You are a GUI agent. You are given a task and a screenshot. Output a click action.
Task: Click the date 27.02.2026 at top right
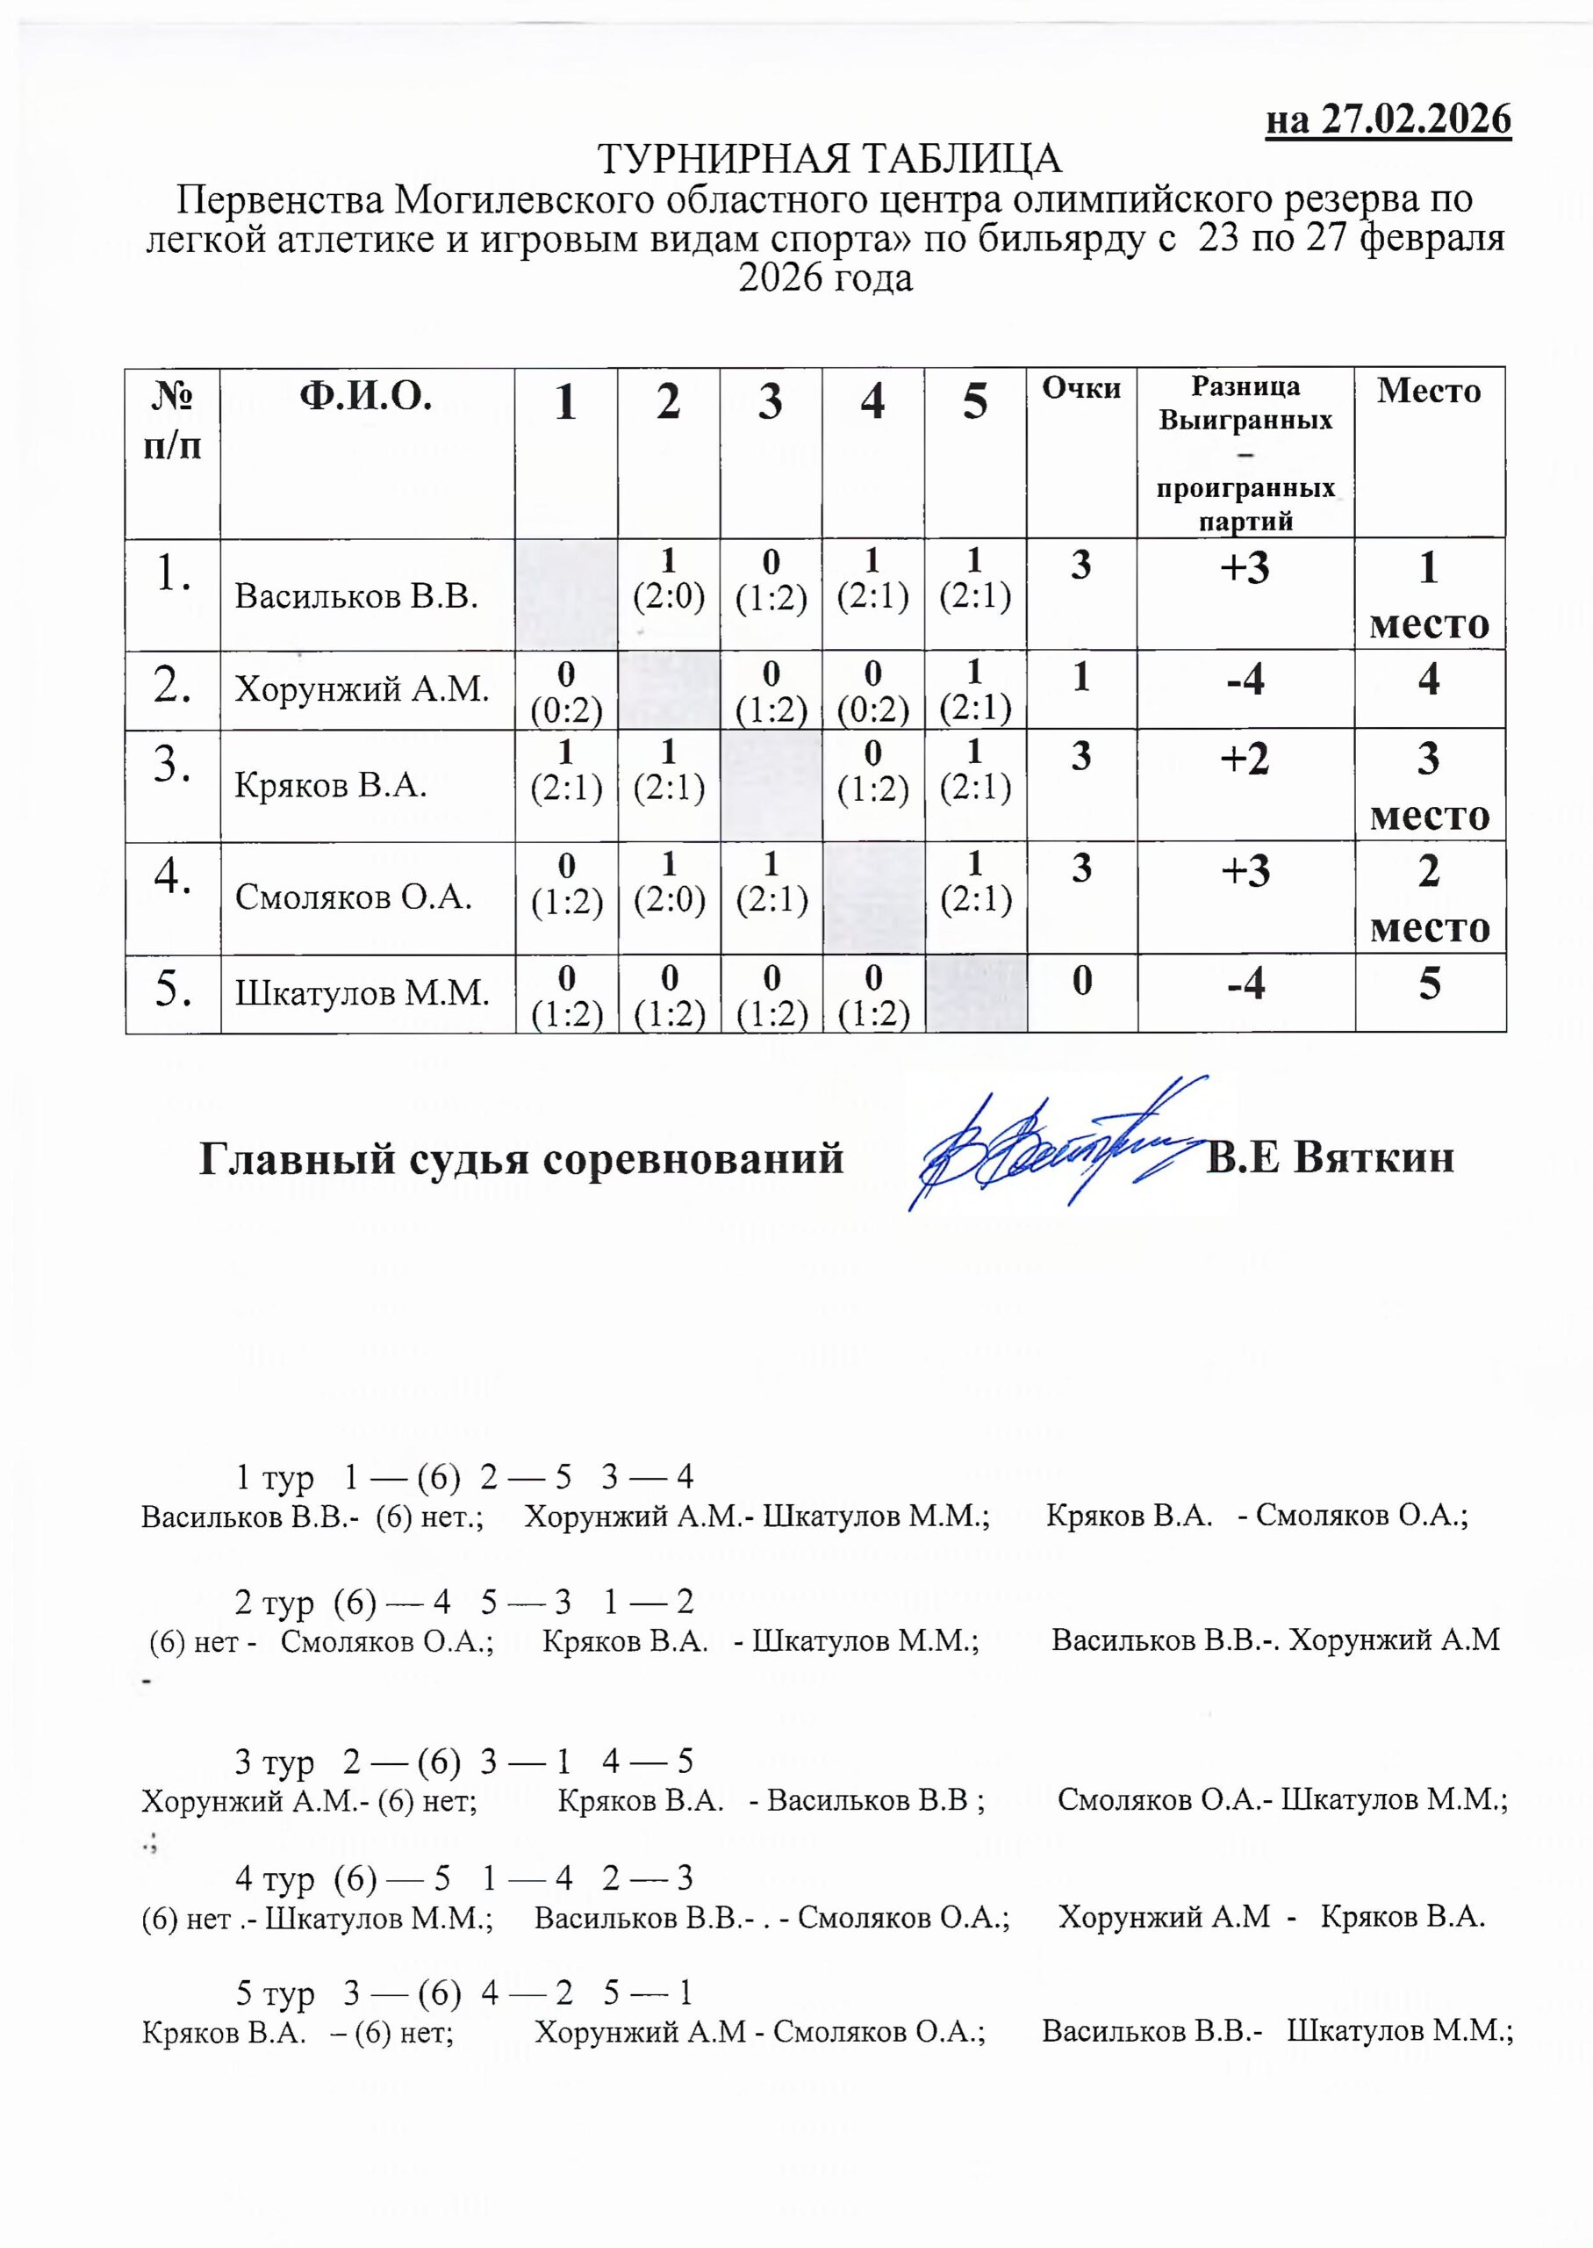coord(1416,119)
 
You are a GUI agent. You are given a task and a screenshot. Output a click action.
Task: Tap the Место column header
coord(1428,391)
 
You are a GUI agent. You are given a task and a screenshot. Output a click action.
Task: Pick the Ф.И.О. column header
coord(366,399)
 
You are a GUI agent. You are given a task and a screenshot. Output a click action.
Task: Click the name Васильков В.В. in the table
coord(356,595)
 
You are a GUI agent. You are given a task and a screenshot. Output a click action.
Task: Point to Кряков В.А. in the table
coord(331,785)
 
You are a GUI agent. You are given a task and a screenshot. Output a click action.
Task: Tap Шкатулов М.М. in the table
coord(362,993)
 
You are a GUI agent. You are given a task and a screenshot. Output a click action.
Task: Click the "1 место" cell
coord(1429,594)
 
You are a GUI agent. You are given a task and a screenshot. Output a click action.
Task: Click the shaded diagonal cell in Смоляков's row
coord(873,897)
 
